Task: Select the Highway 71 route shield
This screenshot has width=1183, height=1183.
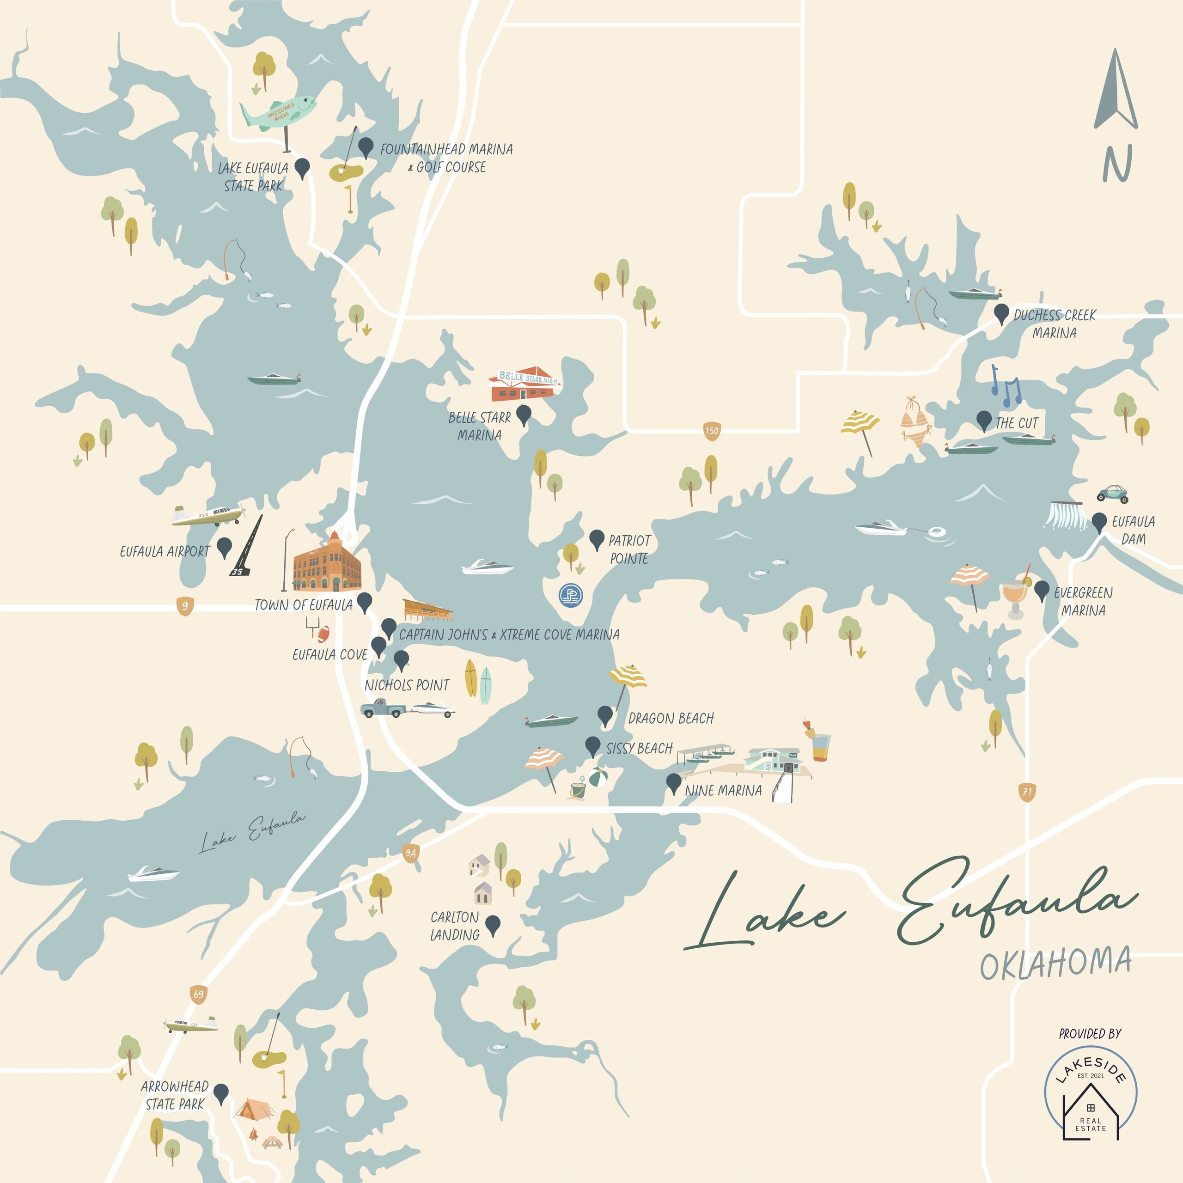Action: click(x=1027, y=792)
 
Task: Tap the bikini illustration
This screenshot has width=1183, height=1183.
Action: click(x=915, y=422)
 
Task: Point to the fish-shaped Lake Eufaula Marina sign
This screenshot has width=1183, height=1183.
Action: click(x=279, y=111)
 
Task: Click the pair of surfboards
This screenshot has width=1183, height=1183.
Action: click(x=478, y=682)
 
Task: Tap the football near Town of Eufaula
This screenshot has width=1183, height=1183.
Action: click(x=323, y=633)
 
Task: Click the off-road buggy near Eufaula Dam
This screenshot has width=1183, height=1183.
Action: click(x=1112, y=493)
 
